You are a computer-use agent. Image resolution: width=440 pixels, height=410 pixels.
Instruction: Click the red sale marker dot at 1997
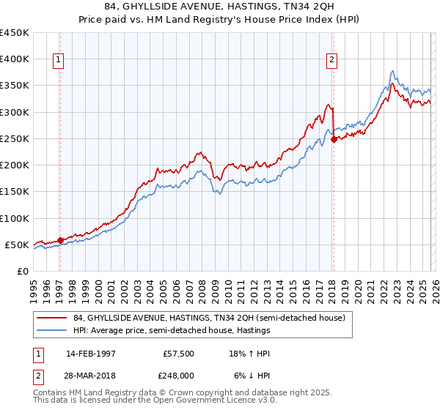(x=60, y=240)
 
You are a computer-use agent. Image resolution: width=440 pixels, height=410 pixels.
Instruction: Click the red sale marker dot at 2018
(x=333, y=139)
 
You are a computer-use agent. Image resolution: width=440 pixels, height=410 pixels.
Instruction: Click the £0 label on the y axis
(x=22, y=272)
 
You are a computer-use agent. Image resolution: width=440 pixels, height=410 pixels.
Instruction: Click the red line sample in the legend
(x=52, y=317)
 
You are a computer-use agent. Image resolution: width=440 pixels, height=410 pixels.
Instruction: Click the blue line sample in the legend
(x=52, y=330)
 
